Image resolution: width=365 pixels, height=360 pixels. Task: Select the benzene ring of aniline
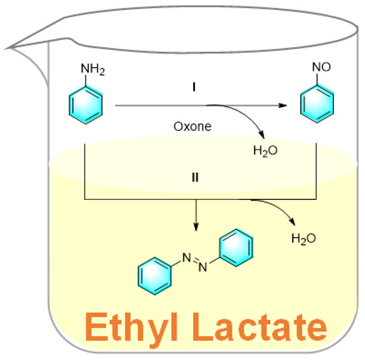[86, 105]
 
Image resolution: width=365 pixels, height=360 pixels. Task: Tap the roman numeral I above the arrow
[193, 87]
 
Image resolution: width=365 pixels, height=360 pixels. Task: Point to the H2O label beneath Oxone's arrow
[264, 151]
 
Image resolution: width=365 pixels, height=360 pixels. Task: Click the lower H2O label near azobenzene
[303, 238]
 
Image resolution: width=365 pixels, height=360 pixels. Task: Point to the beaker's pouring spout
[15, 46]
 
